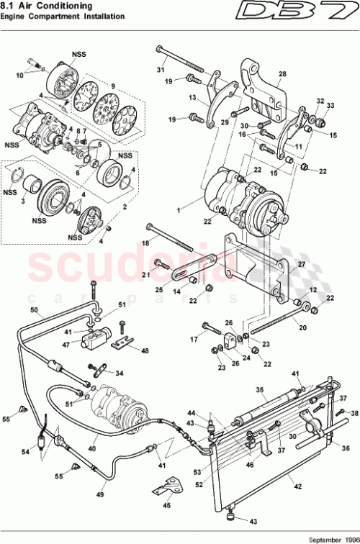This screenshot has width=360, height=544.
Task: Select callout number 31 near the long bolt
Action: click(161, 69)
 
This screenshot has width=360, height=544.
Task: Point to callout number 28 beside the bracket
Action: click(282, 74)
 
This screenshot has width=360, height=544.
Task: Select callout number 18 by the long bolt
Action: click(145, 244)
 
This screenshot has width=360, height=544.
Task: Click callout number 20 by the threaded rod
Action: click(302, 327)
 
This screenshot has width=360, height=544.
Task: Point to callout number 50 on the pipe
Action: click(33, 310)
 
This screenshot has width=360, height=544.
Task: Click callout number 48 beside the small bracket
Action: click(145, 351)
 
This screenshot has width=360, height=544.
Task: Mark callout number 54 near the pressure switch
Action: click(26, 450)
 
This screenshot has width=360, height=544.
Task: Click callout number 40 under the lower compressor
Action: click(92, 448)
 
